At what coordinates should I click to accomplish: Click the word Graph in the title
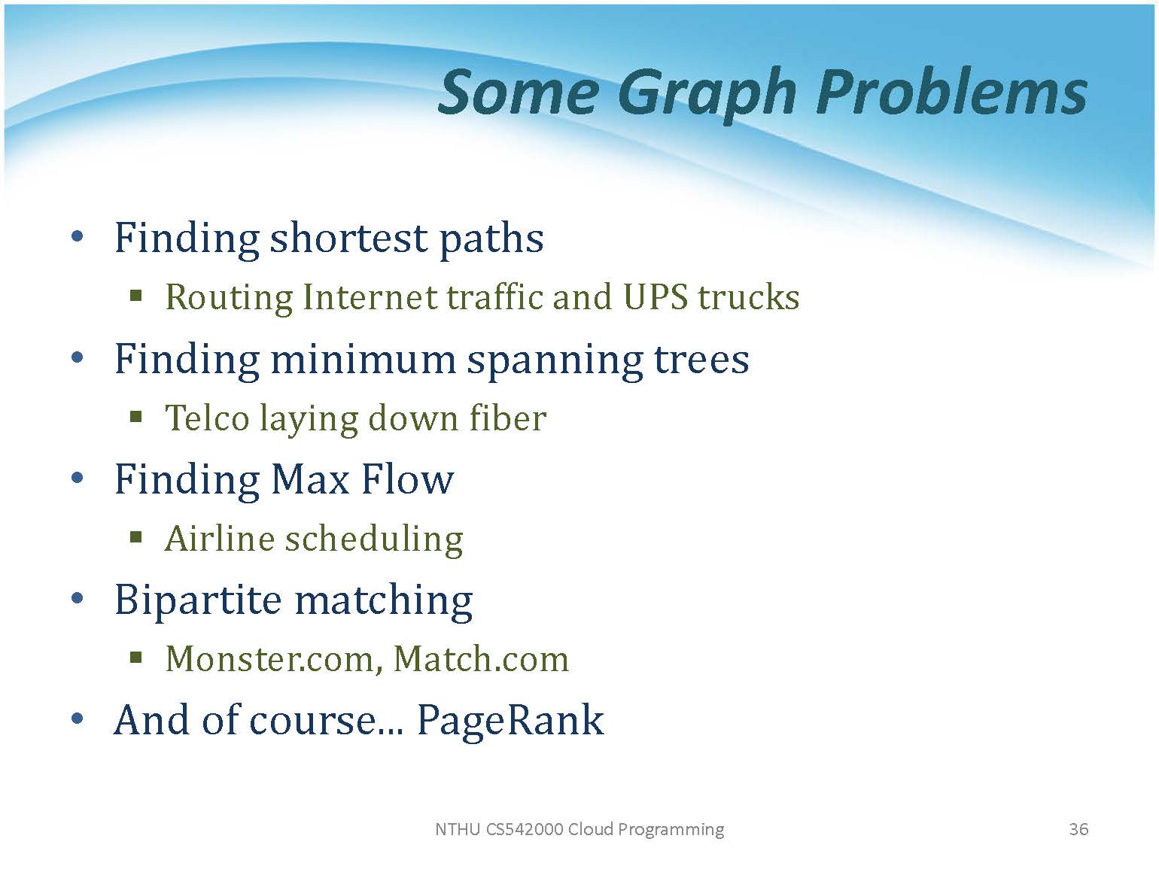point(707,94)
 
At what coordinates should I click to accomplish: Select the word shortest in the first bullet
point(349,238)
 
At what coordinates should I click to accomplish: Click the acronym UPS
point(656,296)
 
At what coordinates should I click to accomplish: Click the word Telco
point(207,418)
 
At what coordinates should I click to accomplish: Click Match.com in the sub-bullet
point(482,659)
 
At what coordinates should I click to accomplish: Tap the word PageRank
point(510,721)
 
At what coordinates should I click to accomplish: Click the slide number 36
point(1078,829)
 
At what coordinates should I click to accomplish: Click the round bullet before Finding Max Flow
point(77,478)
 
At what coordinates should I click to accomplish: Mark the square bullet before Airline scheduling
point(136,538)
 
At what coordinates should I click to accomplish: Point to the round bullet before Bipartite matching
point(77,598)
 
